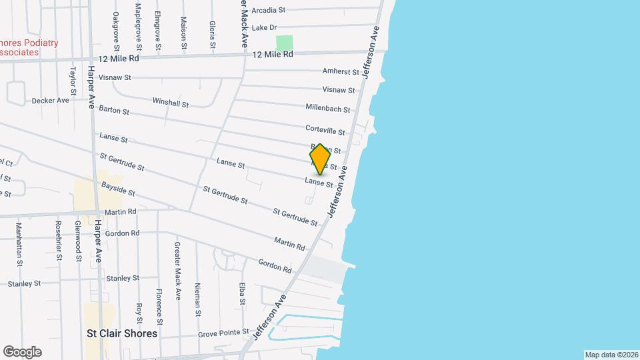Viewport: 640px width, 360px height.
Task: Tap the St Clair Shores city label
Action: coord(123,333)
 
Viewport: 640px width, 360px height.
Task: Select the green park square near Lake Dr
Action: coord(285,43)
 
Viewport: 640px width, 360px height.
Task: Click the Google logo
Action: coord(22,352)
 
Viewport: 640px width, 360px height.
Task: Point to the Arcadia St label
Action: coord(268,10)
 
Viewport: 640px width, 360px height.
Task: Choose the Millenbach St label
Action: coord(328,107)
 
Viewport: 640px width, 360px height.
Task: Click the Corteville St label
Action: coord(325,131)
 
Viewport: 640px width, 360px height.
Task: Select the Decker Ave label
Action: coord(51,101)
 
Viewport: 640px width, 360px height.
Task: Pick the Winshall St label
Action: coord(171,103)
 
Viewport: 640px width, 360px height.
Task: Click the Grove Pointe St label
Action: coord(223,333)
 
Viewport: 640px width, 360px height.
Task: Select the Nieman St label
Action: coord(198,299)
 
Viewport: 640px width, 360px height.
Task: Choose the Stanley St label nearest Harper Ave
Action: coord(123,278)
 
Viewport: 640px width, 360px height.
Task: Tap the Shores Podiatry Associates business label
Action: coord(29,47)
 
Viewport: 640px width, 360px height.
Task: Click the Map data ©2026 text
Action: coord(611,354)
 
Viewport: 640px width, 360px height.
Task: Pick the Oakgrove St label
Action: coord(116,31)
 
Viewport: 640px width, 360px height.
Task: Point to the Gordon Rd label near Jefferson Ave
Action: coord(275,266)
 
